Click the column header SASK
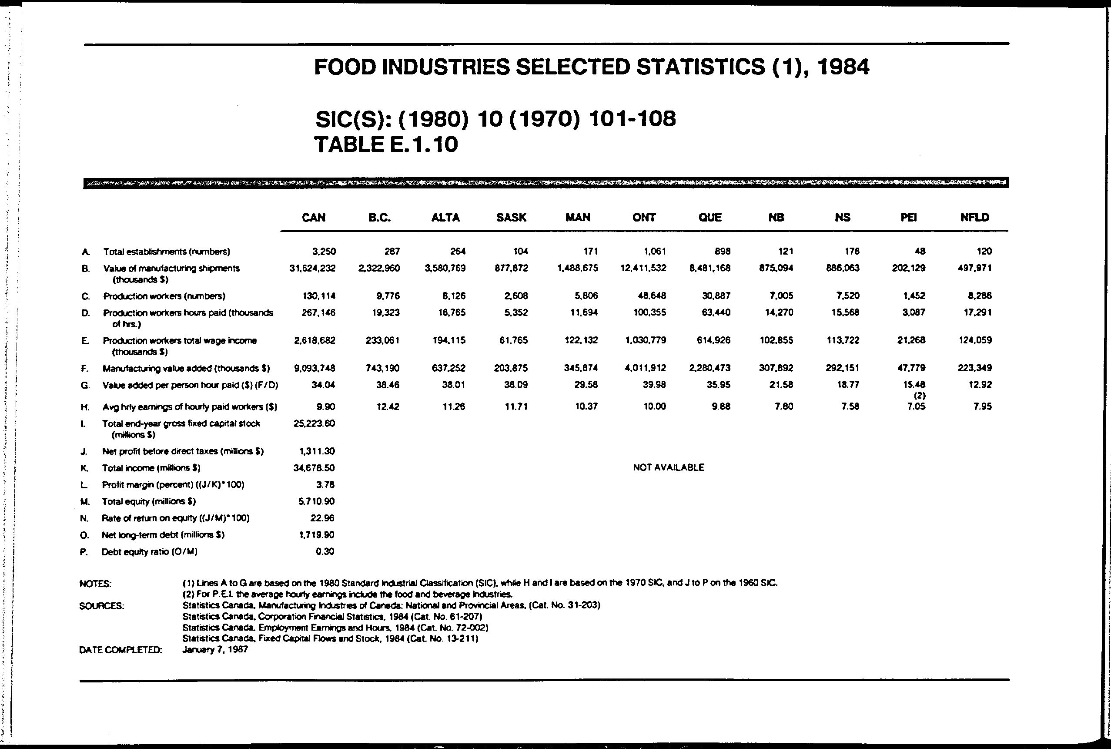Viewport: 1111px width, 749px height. click(x=511, y=218)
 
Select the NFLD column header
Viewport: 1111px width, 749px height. click(x=974, y=218)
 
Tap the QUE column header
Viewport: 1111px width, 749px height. click(x=710, y=218)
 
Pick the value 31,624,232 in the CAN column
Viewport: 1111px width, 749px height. click(x=312, y=269)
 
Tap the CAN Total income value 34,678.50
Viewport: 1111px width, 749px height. click(x=314, y=468)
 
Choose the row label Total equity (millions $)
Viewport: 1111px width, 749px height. click(x=148, y=501)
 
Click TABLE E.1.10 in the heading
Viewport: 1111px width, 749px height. click(x=386, y=144)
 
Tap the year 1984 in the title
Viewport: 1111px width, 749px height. click(x=843, y=67)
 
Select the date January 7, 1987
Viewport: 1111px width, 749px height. click(x=215, y=650)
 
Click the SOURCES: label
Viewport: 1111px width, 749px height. click(x=102, y=606)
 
